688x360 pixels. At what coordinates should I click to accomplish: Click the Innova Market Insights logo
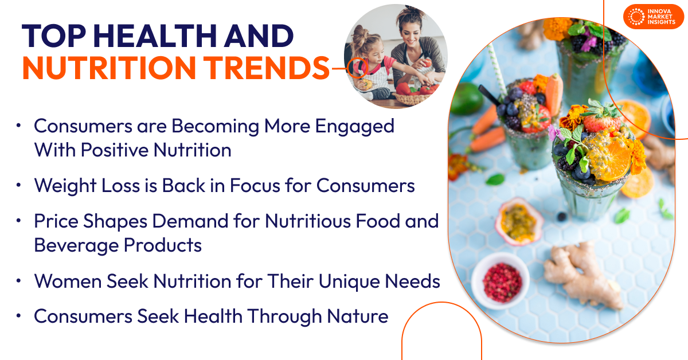(x=653, y=17)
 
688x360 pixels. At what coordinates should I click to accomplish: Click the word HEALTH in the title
(x=154, y=36)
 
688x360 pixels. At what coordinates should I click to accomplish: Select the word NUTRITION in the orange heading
(x=109, y=68)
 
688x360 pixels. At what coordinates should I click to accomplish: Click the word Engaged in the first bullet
(x=355, y=127)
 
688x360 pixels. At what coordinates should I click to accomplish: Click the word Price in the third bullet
(x=56, y=221)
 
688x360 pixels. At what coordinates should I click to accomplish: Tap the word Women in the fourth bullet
(x=68, y=281)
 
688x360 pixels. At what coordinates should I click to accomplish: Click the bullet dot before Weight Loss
(x=19, y=185)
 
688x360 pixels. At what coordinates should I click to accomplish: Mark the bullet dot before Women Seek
(x=19, y=281)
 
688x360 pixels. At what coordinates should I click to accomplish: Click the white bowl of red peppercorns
(x=501, y=280)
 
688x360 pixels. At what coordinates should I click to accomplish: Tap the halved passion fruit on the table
(x=519, y=221)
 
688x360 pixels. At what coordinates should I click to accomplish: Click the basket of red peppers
(x=415, y=93)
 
